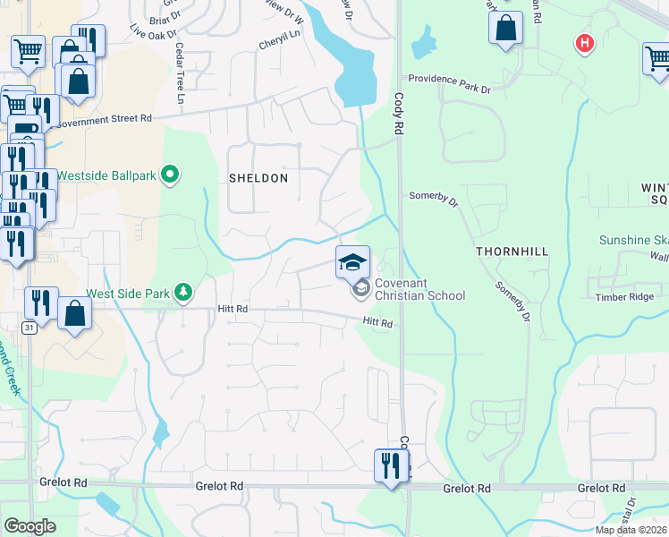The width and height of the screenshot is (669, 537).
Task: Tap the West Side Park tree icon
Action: (183, 292)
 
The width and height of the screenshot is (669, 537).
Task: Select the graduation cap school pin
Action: (352, 261)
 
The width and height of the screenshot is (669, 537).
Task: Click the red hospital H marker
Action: (585, 42)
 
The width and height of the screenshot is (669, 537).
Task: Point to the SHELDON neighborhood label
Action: (258, 178)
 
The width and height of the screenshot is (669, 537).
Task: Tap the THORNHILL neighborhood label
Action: (512, 252)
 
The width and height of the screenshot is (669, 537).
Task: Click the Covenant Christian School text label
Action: (419, 289)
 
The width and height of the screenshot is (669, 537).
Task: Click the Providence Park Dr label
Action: (449, 89)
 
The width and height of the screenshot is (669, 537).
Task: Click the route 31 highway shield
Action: (30, 328)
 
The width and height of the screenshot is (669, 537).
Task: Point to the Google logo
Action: (30, 525)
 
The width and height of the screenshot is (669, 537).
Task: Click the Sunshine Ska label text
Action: (633, 240)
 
